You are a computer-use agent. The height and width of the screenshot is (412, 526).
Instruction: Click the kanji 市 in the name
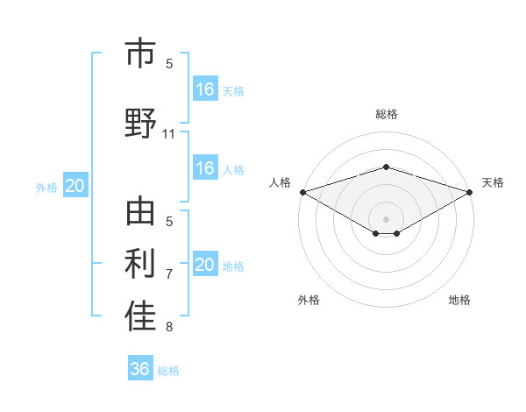pos(140,54)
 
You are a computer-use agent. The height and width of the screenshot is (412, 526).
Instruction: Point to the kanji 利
pos(140,264)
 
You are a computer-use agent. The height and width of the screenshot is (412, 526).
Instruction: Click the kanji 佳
pos(140,316)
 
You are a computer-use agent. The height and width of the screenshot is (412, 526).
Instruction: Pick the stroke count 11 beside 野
pos(169,134)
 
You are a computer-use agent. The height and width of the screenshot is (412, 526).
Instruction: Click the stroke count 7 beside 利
pos(169,274)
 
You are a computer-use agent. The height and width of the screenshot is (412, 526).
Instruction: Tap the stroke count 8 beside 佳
pos(169,327)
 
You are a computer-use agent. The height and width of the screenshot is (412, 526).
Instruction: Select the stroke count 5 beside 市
pos(169,63)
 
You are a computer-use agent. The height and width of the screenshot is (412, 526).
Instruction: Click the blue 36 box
pos(139,369)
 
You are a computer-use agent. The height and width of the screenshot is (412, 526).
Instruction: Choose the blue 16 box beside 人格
pos(205,168)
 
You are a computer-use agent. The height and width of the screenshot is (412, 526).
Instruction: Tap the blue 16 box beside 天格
pos(205,89)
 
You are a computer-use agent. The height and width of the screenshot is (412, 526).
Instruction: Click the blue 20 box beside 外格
pos(75,186)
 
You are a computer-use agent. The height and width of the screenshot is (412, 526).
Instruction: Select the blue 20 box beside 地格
pos(205,265)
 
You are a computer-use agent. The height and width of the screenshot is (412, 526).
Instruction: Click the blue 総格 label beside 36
pos(168,371)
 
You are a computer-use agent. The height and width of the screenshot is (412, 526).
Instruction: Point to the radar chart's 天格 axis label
pos(493,182)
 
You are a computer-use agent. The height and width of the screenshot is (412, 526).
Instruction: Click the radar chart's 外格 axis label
pos(309,300)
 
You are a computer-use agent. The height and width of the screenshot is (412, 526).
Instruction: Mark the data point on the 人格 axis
pos(302,192)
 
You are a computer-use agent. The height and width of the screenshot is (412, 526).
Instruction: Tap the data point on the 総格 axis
pos(386,167)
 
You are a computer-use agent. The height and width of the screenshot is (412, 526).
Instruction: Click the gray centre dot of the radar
pos(386,218)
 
